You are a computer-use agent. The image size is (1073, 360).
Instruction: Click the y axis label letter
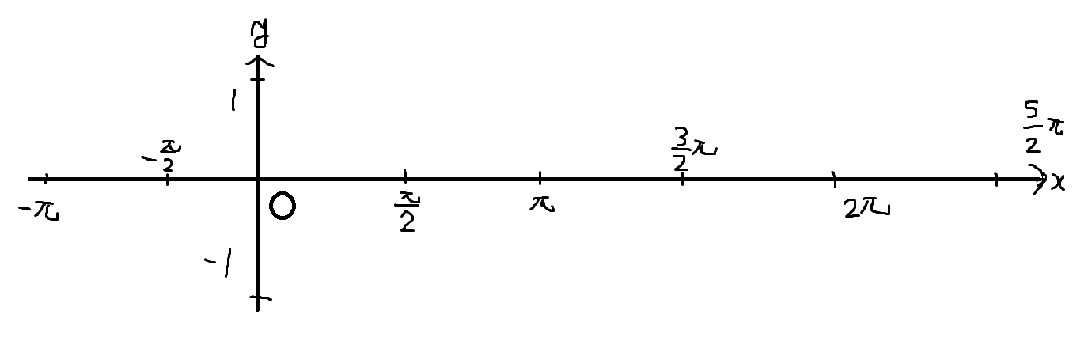260,35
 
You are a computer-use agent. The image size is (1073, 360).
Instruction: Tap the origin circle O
282,207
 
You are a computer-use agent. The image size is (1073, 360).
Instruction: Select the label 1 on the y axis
233,100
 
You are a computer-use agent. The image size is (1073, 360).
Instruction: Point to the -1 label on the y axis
219,263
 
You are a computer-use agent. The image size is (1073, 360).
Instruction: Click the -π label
39,211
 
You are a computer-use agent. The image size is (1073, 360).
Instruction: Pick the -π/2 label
162,156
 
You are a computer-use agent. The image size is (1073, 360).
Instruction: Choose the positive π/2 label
408,212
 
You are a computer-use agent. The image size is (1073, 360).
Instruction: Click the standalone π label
542,204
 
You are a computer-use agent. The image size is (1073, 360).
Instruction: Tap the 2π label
866,209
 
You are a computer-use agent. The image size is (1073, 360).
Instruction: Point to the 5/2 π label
1043,129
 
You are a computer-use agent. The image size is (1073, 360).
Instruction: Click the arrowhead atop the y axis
258,63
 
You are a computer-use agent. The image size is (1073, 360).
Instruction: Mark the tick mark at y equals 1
258,79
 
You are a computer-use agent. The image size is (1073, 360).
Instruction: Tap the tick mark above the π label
540,177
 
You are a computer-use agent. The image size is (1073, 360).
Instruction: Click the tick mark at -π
46,179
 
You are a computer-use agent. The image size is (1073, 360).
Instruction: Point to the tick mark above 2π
835,179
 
